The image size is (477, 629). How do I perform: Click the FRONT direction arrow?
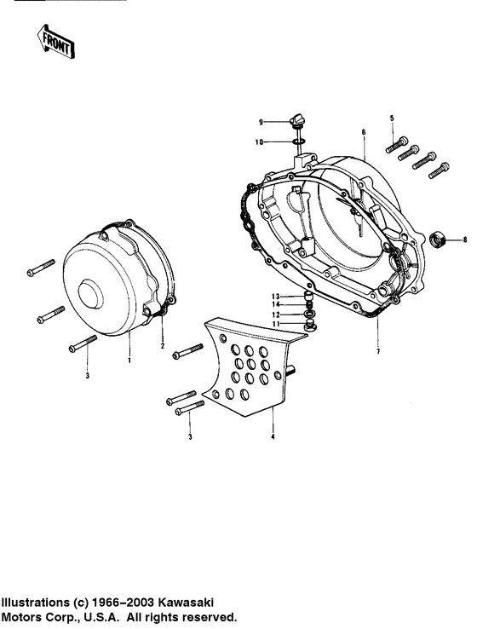point(55,41)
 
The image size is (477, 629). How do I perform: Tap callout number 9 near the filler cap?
point(261,122)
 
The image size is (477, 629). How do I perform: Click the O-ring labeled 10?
point(298,141)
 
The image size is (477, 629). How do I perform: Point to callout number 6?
point(364,132)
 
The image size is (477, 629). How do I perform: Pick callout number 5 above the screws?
point(392,118)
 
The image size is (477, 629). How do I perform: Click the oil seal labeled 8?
point(438,239)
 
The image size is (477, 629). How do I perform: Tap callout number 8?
point(465,239)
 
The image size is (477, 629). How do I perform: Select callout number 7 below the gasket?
point(377,352)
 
